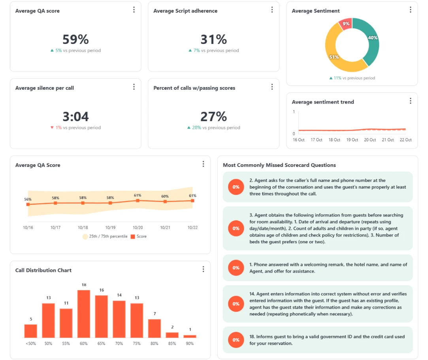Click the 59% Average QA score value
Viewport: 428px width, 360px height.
click(x=75, y=39)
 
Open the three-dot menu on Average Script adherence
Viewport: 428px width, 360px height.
click(x=272, y=10)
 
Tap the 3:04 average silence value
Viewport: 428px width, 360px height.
click(x=75, y=116)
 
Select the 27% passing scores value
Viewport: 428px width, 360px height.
click(x=213, y=116)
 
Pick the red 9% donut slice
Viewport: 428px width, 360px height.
click(x=345, y=24)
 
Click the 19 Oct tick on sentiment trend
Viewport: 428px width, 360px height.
click(x=352, y=140)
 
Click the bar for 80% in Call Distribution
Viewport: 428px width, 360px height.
click(x=155, y=328)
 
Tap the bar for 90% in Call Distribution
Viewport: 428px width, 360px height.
click(x=190, y=336)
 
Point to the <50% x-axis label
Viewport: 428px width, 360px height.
click(x=30, y=343)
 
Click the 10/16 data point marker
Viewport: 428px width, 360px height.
click(x=28, y=205)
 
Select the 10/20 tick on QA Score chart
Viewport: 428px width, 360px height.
click(x=138, y=227)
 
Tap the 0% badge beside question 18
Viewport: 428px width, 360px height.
click(x=236, y=340)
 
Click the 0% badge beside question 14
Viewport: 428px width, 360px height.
click(x=236, y=304)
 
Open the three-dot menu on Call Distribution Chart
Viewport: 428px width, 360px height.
click(x=203, y=269)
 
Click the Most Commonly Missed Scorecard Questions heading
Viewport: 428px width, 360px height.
click(x=279, y=165)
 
